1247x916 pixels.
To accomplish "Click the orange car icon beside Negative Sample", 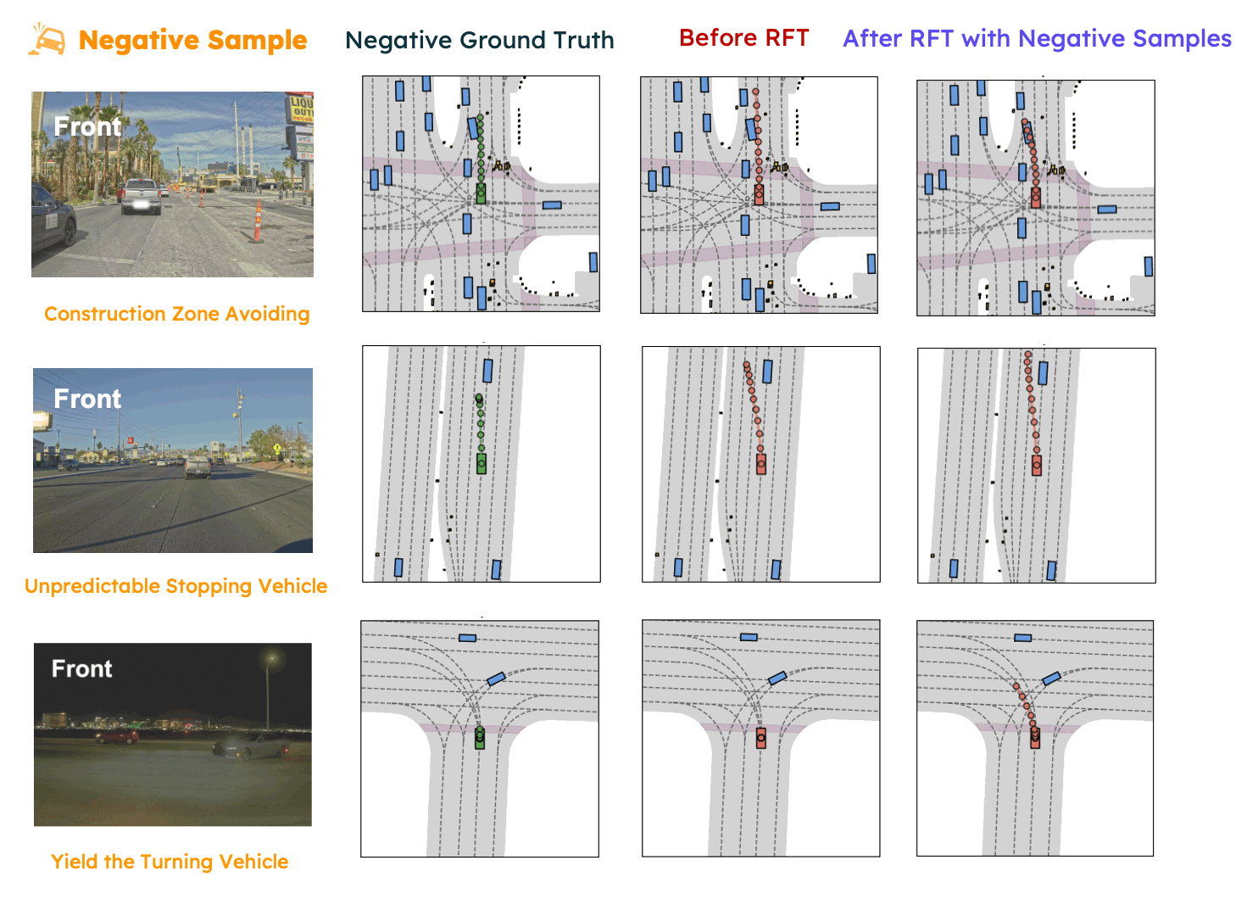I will pyautogui.click(x=47, y=40).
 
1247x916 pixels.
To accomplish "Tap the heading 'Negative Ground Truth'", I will pyautogui.click(x=479, y=40).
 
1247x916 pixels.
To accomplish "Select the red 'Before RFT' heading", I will pyautogui.click(x=743, y=38).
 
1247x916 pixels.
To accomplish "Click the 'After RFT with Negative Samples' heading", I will pyautogui.click(x=1036, y=39).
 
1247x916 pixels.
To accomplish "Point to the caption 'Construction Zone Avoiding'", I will pyautogui.click(x=176, y=314).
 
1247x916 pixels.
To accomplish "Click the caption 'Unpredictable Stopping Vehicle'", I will pyautogui.click(x=175, y=586).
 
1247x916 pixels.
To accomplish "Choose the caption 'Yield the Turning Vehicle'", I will pyautogui.click(x=170, y=862).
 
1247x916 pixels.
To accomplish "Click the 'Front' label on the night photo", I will pyautogui.click(x=81, y=669).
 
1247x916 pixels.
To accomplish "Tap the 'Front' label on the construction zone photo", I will pyautogui.click(x=87, y=127).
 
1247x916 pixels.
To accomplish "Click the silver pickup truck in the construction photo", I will pyautogui.click(x=141, y=196).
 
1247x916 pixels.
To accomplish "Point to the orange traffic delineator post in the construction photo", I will pyautogui.click(x=257, y=222).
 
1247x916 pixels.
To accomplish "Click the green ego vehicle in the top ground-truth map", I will pyautogui.click(x=482, y=193).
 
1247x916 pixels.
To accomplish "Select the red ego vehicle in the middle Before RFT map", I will pyautogui.click(x=761, y=464).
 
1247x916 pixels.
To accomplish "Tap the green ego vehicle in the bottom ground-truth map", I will pyautogui.click(x=480, y=738).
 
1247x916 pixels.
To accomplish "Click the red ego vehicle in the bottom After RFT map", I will pyautogui.click(x=1035, y=739).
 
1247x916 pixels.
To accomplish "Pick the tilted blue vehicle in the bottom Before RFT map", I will pyautogui.click(x=777, y=678).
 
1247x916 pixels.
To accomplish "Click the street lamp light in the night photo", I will pyautogui.click(x=272, y=656).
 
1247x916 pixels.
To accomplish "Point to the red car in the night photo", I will pyautogui.click(x=117, y=737).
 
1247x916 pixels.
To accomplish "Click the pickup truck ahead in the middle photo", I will pyautogui.click(x=198, y=467).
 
